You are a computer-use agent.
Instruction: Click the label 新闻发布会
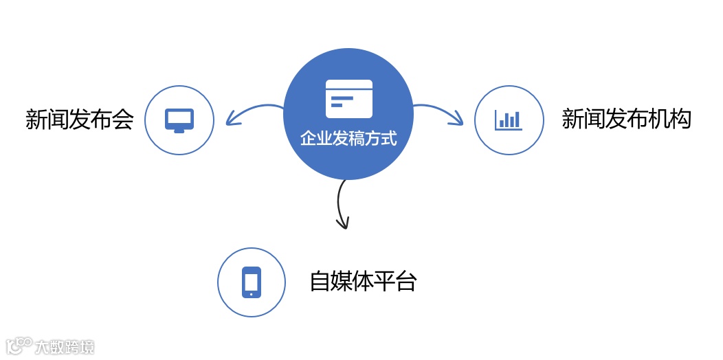click(x=79, y=120)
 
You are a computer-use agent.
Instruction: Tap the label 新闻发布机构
click(x=626, y=119)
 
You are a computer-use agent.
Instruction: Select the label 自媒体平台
click(x=363, y=282)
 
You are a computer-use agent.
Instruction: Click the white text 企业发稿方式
click(x=348, y=138)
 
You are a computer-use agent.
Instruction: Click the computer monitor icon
click(x=179, y=120)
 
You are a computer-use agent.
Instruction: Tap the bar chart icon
click(x=509, y=120)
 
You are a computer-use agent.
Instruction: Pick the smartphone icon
click(x=252, y=282)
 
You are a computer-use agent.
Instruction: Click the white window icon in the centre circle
click(x=349, y=99)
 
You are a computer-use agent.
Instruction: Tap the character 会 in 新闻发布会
click(x=122, y=120)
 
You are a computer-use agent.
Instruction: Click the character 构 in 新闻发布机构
click(x=680, y=119)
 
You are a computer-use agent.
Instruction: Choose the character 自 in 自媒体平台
click(x=320, y=282)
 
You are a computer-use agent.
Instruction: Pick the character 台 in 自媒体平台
click(x=405, y=282)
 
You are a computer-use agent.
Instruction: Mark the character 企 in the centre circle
click(x=308, y=138)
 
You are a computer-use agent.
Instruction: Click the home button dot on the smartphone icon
click(x=252, y=293)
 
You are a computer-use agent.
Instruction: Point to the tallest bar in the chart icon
click(x=515, y=119)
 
